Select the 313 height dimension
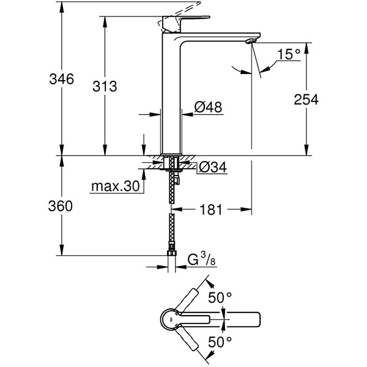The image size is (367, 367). click(105, 86)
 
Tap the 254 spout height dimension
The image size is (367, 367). click(306, 99)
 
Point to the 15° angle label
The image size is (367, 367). click(288, 55)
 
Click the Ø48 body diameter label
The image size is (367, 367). click(207, 107)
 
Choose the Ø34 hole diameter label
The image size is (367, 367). click(212, 166)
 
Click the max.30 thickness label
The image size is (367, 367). click(115, 185)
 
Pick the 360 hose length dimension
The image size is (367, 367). click(61, 206)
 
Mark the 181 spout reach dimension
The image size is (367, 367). click(212, 210)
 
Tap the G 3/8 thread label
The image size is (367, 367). click(200, 261)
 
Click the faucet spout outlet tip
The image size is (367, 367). click(249, 42)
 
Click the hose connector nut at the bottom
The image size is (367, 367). click(172, 253)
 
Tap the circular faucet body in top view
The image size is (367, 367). click(171, 318)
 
